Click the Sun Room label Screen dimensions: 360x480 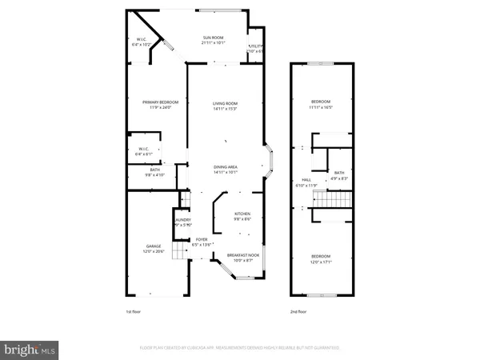click(x=212, y=39)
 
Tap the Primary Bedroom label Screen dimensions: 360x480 click(x=160, y=104)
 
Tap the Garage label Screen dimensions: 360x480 click(x=154, y=248)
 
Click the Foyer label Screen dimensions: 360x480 click(x=202, y=241)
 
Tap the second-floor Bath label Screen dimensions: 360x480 click(x=339, y=175)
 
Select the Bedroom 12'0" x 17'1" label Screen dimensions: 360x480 click(x=321, y=258)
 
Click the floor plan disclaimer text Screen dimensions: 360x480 click(x=240, y=348)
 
